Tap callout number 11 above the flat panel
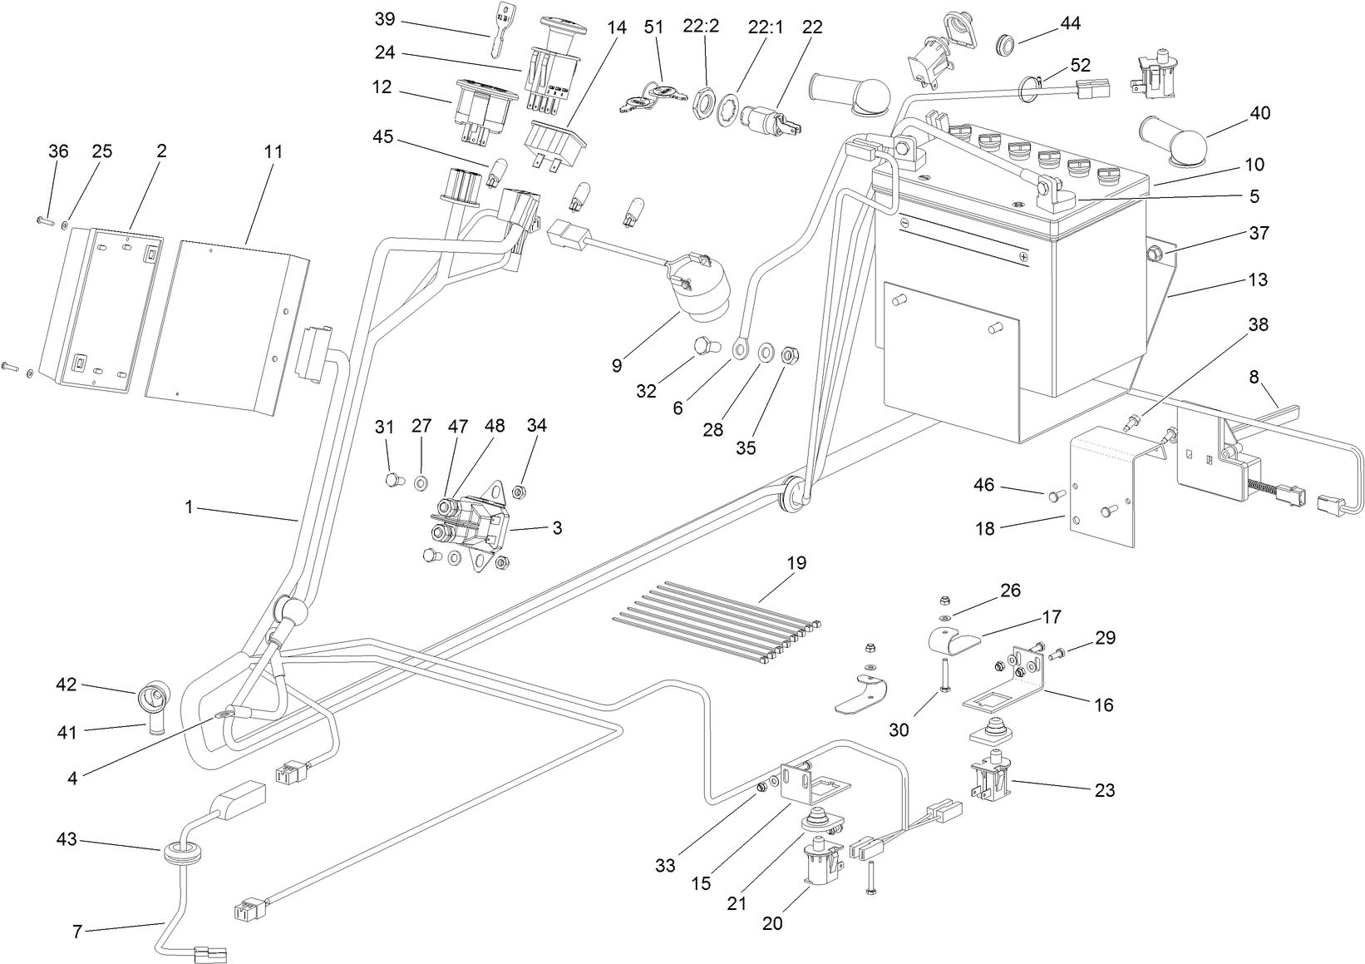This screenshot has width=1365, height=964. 273,152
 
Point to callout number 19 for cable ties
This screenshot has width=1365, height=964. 796,563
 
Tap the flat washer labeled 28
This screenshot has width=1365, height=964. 763,349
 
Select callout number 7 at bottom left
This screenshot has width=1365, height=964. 77,932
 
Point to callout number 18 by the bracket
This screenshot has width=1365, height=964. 985,527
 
